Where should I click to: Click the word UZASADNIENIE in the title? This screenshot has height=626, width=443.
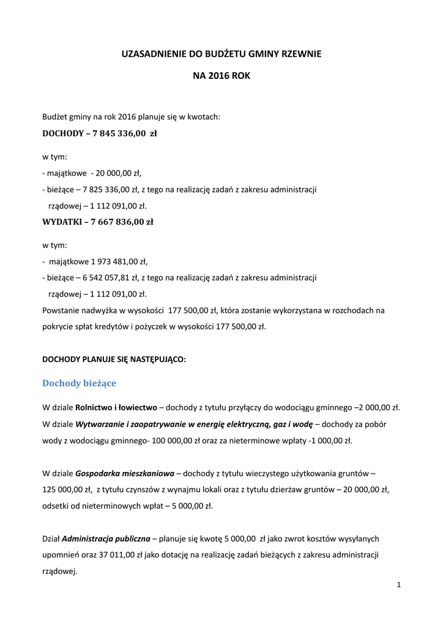coord(154,54)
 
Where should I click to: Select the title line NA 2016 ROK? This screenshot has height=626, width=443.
coord(221,76)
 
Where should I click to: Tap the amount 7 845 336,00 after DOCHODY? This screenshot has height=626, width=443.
coord(119,133)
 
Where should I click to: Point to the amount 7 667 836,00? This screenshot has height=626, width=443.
coord(117,222)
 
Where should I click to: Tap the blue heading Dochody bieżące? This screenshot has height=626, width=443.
coord(79,383)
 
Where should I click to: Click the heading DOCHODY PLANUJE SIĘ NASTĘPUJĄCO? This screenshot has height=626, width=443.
coord(114,359)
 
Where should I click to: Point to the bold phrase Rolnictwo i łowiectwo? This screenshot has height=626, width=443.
coord(115,407)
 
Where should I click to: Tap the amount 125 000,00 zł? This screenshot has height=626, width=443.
coord(67,489)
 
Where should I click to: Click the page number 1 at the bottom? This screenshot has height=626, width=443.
coord(398,585)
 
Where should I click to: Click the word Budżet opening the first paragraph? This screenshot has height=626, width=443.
coord(55,116)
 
